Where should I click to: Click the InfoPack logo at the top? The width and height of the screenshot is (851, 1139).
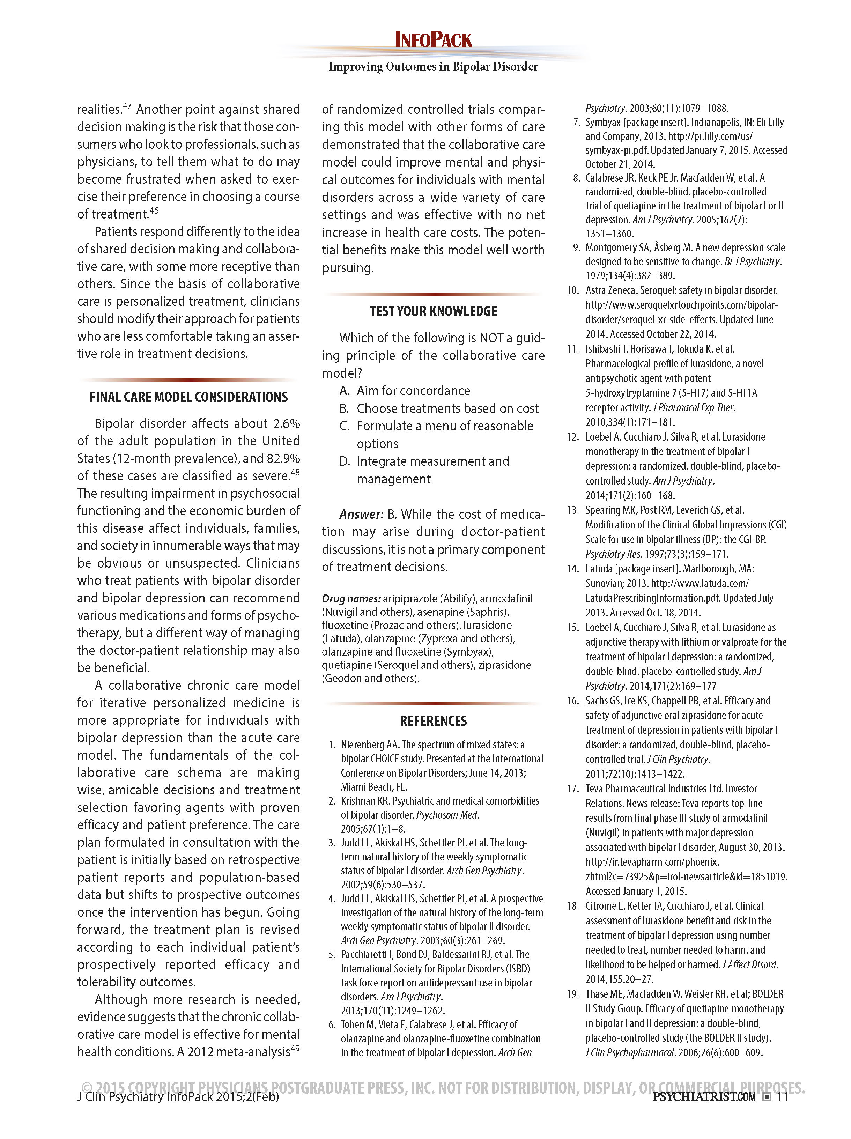coord(433,40)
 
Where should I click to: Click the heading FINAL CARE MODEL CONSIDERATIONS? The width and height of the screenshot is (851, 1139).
coord(188,397)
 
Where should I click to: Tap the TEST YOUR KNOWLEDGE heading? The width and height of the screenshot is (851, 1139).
coord(433,311)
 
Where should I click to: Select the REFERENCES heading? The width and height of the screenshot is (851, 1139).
coord(433,721)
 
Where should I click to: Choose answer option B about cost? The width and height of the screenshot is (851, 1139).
coord(447,408)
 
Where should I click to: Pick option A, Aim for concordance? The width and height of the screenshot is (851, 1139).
coord(413,391)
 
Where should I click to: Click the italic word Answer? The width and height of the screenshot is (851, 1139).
coord(361,515)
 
